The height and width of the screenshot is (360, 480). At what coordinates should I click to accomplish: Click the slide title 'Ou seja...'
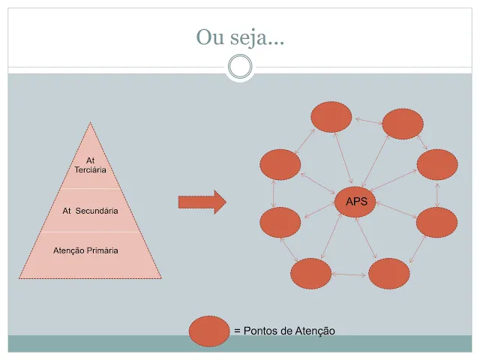point(239,36)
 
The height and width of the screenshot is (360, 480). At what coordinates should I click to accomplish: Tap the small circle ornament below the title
point(239,67)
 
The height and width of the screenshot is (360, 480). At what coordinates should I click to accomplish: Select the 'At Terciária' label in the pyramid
point(91,165)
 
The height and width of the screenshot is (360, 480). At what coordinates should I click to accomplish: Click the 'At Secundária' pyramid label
point(91,211)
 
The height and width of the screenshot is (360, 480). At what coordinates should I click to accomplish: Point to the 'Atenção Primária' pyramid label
point(91,250)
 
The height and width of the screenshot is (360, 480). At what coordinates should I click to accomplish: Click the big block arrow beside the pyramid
point(202,201)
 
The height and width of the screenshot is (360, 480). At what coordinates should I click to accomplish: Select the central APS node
point(355,202)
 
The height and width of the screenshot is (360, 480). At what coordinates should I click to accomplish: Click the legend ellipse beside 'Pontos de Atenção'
point(209,331)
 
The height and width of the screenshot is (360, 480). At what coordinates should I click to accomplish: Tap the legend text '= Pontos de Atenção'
point(284,331)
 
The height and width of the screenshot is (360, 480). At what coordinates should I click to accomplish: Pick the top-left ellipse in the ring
point(331,116)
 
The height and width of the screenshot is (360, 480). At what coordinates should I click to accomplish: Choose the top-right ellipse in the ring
point(403,124)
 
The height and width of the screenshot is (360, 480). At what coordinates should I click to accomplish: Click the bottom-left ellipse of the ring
point(310,273)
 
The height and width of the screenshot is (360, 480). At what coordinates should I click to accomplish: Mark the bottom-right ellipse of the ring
point(388,274)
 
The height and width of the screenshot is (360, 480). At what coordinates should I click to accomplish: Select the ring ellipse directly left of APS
point(280,222)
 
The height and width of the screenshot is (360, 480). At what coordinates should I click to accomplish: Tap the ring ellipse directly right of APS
point(436,222)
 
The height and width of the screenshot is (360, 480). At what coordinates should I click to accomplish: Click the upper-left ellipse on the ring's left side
point(279,164)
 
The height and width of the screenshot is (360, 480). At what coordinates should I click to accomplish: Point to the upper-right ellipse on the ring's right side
point(437,164)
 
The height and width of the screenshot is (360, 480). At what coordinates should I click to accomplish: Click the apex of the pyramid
point(91,124)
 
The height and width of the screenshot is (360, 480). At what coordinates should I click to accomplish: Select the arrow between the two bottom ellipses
point(349,274)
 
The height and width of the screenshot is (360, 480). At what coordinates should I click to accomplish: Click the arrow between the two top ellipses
point(367,120)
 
